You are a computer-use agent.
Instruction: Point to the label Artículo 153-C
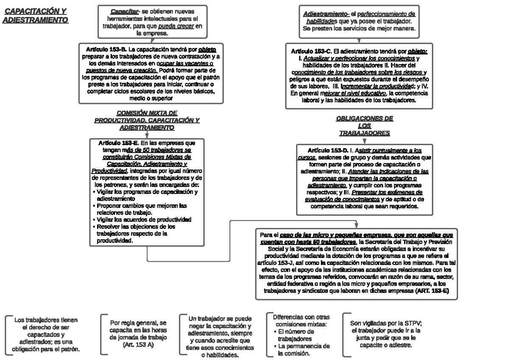tap(311, 51)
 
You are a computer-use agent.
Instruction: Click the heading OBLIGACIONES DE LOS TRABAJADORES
tap(364, 126)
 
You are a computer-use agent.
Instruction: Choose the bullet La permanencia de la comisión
tap(302, 350)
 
